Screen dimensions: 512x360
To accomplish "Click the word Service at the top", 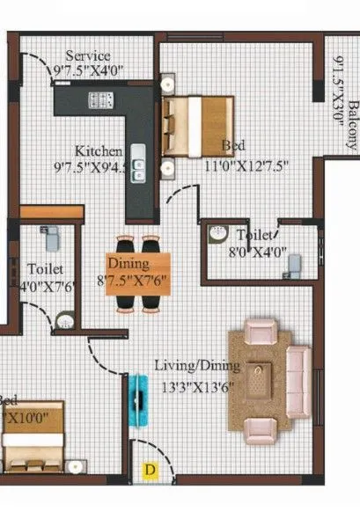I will coord(88,55).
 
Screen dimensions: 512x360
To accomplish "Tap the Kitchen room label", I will coord(92,149).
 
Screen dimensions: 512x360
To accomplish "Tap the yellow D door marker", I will coord(150,471).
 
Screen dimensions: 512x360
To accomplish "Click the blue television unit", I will coord(137,400).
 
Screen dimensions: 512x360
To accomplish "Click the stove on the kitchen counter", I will coord(99,100).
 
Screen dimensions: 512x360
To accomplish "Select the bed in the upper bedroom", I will coord(198,125).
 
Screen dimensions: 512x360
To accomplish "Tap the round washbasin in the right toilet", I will coord(217,234).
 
